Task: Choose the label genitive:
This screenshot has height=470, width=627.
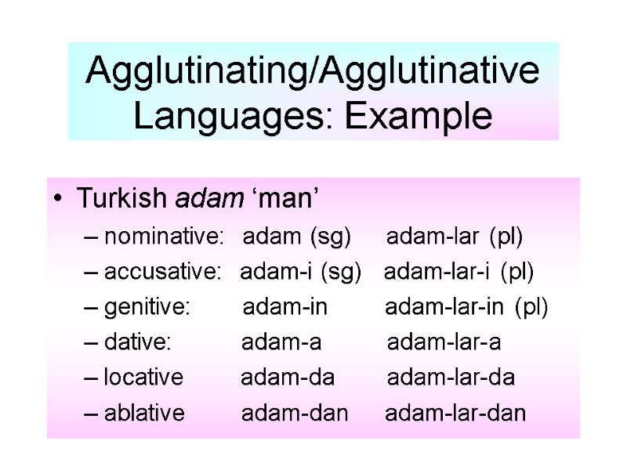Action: (x=147, y=307)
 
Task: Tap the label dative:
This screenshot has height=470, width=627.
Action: (x=137, y=342)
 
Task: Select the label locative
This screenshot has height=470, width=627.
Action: (x=143, y=378)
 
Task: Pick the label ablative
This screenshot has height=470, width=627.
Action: (x=144, y=413)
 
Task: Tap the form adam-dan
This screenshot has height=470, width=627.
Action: (x=294, y=413)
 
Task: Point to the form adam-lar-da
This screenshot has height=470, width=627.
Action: (x=451, y=378)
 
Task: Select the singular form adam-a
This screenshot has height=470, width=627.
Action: (x=281, y=342)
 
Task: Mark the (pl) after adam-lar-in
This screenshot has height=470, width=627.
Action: (x=532, y=307)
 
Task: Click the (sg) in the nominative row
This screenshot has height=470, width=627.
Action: (x=331, y=236)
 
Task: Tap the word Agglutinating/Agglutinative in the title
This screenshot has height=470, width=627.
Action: (x=313, y=72)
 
